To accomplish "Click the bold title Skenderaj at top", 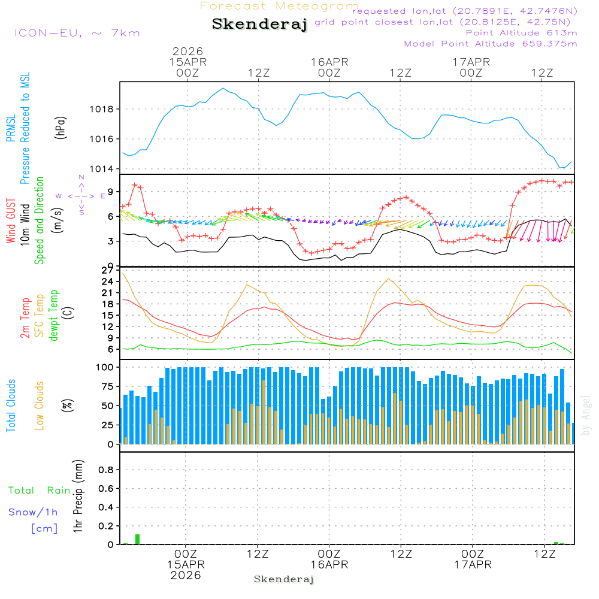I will click(259, 25).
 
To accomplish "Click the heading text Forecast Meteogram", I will click(279, 6).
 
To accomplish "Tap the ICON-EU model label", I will click(77, 33).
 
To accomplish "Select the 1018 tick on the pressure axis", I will click(101, 109).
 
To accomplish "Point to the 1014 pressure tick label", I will click(101, 168).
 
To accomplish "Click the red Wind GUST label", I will click(11, 222).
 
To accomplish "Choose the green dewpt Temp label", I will click(55, 316).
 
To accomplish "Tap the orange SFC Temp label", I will click(40, 316).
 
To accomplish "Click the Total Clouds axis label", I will click(11, 406).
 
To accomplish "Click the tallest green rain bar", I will click(137, 539).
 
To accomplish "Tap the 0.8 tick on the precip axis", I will click(105, 470).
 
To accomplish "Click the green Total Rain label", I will click(39, 491).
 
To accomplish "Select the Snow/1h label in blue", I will click(34, 512).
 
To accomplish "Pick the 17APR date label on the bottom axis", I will click(472, 564).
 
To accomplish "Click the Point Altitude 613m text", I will click(521, 33).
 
